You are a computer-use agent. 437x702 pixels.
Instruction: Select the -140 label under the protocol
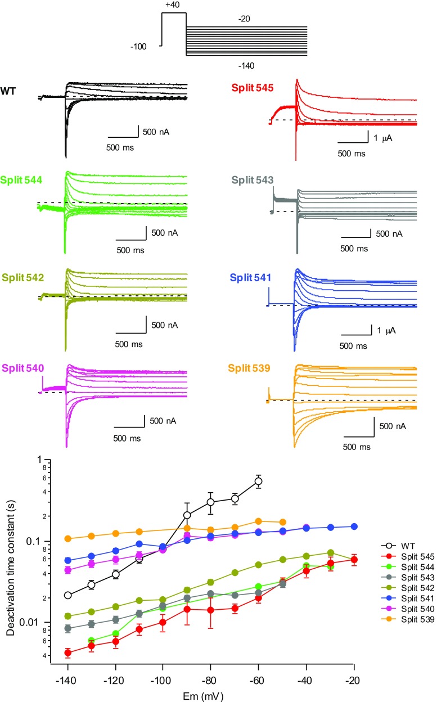point(246,66)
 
